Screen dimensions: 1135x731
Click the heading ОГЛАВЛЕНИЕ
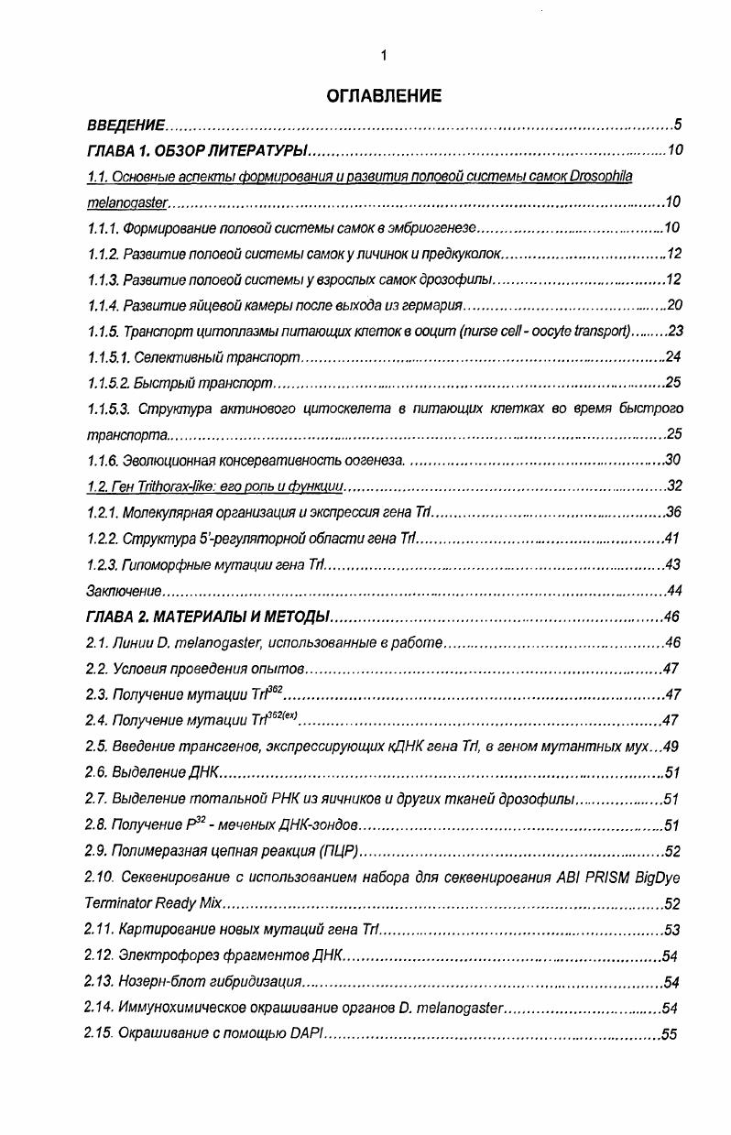click(384, 95)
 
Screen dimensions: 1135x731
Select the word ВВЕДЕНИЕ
click(125, 125)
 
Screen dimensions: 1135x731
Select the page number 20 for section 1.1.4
click(674, 305)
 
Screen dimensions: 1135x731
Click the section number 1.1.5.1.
click(108, 356)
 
